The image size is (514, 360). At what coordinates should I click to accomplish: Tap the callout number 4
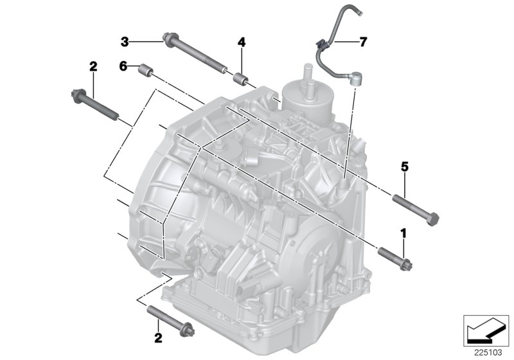[241, 42]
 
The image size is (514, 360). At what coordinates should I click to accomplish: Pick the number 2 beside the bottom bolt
[157, 337]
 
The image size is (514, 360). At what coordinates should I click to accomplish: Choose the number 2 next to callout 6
[93, 66]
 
